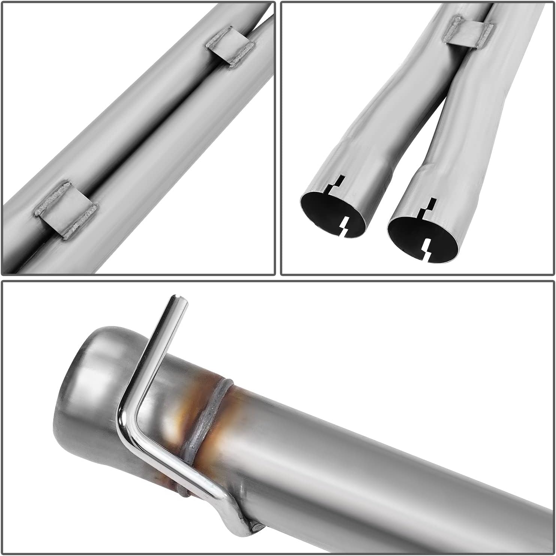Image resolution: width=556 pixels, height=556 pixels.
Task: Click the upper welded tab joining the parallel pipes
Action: pyautogui.click(x=230, y=46)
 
